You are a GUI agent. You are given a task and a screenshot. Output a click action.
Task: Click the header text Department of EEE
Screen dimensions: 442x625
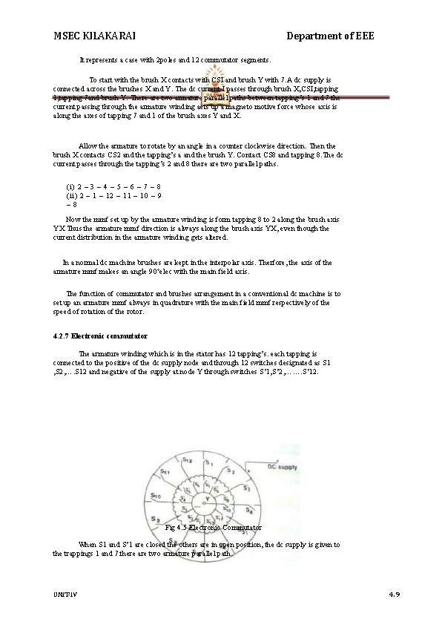point(330,36)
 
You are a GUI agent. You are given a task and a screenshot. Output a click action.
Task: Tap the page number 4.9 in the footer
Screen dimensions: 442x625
point(394,595)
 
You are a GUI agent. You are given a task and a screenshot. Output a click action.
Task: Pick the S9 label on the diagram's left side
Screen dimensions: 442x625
point(154,517)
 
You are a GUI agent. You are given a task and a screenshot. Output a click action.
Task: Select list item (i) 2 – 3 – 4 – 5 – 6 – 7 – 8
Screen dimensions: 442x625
point(113,186)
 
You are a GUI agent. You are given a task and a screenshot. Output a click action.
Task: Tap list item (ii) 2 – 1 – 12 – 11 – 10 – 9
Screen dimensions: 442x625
point(113,194)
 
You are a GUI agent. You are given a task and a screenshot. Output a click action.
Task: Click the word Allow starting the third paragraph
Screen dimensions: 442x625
point(88,145)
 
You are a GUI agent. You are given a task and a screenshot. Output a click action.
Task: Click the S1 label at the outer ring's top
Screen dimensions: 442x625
point(210,462)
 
